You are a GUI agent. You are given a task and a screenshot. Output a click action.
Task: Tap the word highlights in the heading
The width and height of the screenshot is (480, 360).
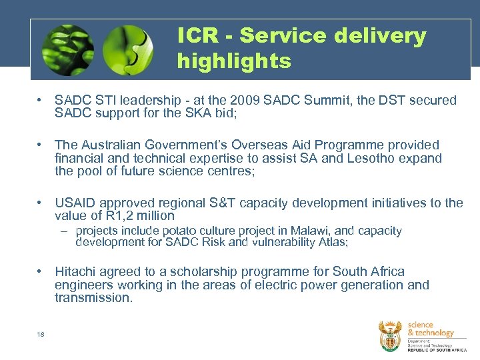[234, 61]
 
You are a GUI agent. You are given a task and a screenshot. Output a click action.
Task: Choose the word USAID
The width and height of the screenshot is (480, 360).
[75, 203]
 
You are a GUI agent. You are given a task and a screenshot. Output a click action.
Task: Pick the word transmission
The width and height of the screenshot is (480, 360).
[93, 298]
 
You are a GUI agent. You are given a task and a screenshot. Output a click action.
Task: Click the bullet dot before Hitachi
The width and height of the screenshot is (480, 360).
[41, 272]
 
